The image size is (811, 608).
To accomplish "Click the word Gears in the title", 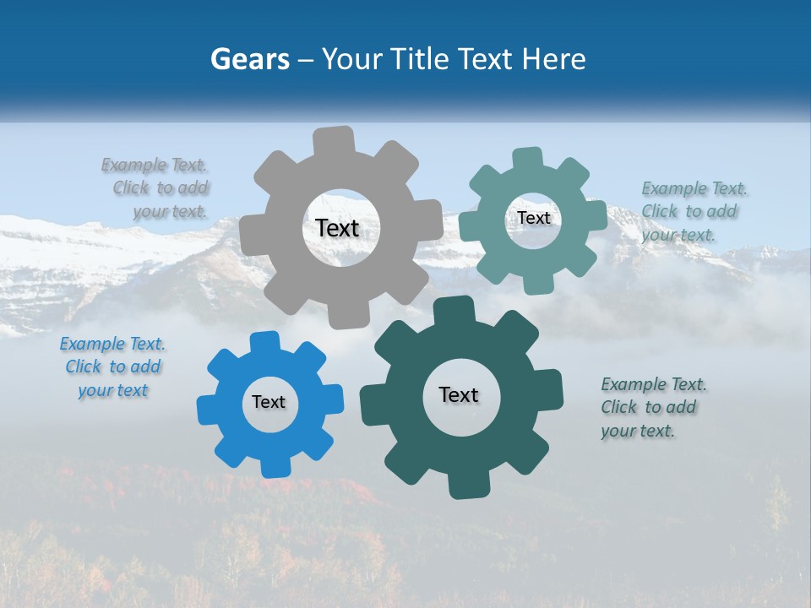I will [248, 59].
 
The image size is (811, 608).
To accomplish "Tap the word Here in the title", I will [554, 59].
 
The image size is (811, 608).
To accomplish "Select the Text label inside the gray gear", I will [337, 228].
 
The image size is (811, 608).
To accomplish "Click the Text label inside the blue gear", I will [269, 402].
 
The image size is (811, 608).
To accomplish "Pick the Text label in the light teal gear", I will [534, 218].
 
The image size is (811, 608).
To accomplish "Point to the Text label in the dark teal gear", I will [459, 394].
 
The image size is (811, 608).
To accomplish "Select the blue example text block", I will [113, 367].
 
